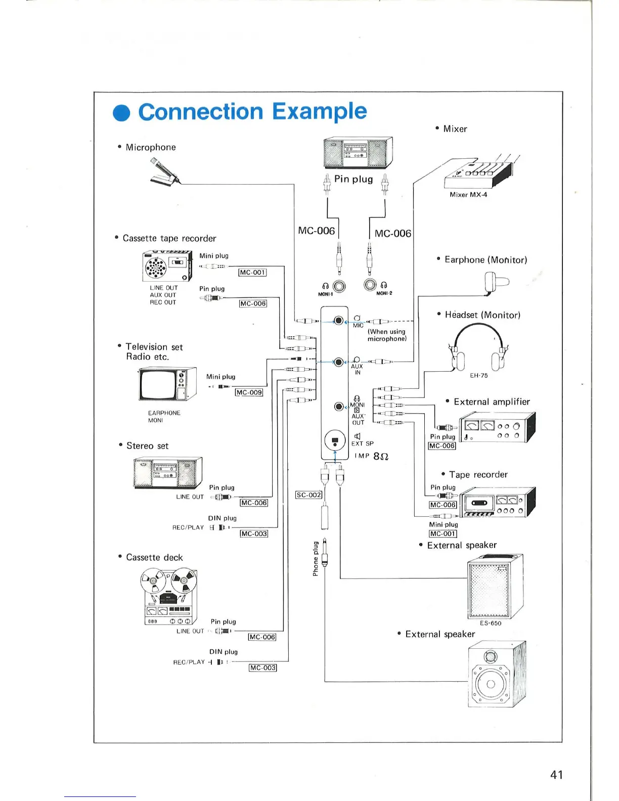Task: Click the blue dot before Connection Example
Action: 121,113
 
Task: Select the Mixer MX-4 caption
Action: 468,195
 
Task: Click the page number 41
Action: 556,775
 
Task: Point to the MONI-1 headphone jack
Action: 339,287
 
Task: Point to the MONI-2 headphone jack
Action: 370,285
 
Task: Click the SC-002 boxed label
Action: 308,495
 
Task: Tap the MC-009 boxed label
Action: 249,392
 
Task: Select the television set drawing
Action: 167,384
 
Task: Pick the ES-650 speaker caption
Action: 491,624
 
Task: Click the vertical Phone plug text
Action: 316,559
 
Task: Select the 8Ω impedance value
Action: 380,456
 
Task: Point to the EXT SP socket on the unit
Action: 334,440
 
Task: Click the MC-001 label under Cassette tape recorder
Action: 252,273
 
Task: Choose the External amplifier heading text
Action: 492,402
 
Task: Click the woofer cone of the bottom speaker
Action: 490,684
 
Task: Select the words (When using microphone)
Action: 387,335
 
